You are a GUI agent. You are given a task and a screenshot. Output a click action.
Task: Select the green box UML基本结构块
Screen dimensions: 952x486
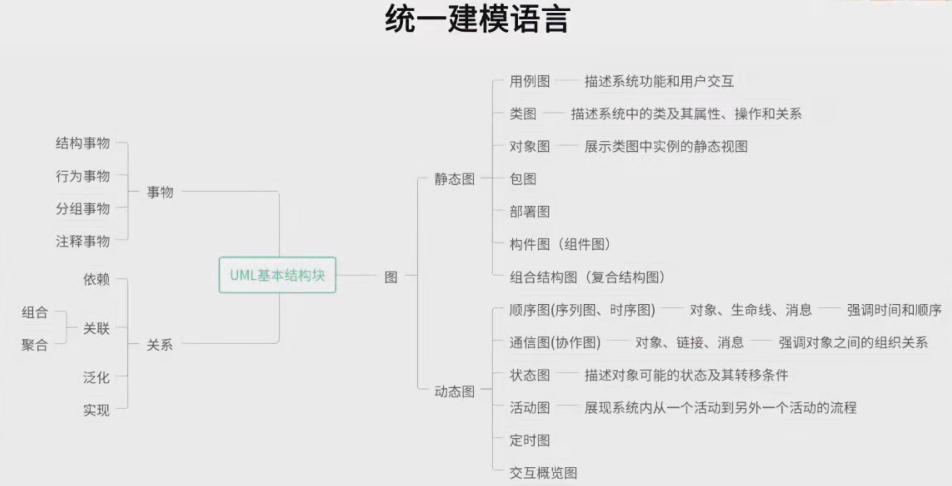coord(277,275)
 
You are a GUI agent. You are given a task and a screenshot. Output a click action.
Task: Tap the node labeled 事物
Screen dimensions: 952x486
coord(160,192)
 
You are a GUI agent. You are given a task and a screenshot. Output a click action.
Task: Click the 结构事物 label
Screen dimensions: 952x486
coord(82,143)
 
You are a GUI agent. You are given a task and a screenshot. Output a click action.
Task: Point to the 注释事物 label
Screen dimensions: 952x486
coord(82,241)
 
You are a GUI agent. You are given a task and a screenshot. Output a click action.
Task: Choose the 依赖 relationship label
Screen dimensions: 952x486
coord(96,279)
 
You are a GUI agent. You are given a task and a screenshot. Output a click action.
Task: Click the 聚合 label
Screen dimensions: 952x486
coord(35,345)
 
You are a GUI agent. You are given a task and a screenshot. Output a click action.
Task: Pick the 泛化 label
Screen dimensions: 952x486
coord(96,377)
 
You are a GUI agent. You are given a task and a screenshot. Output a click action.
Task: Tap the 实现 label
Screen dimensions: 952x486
coord(96,410)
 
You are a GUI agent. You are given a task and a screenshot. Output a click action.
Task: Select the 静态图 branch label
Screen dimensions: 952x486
coord(454,179)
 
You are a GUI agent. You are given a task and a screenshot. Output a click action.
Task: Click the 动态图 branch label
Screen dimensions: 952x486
coord(454,392)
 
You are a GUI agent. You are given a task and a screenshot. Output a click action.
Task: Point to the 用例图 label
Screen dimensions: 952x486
coord(529,81)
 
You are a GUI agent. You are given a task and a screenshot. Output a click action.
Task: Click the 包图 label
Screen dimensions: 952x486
coord(523,179)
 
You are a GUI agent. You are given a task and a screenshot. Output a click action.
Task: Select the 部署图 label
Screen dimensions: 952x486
coord(529,212)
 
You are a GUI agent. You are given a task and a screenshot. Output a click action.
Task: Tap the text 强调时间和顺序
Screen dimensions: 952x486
coord(894,310)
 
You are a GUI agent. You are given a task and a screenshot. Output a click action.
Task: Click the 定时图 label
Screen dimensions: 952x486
coord(529,440)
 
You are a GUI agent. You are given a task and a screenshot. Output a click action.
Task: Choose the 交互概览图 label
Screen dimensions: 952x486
coord(543,473)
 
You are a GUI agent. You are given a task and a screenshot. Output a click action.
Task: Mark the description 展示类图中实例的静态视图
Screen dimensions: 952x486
coord(666,146)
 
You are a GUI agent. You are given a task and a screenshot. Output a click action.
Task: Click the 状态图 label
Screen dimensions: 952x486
coord(529,375)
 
